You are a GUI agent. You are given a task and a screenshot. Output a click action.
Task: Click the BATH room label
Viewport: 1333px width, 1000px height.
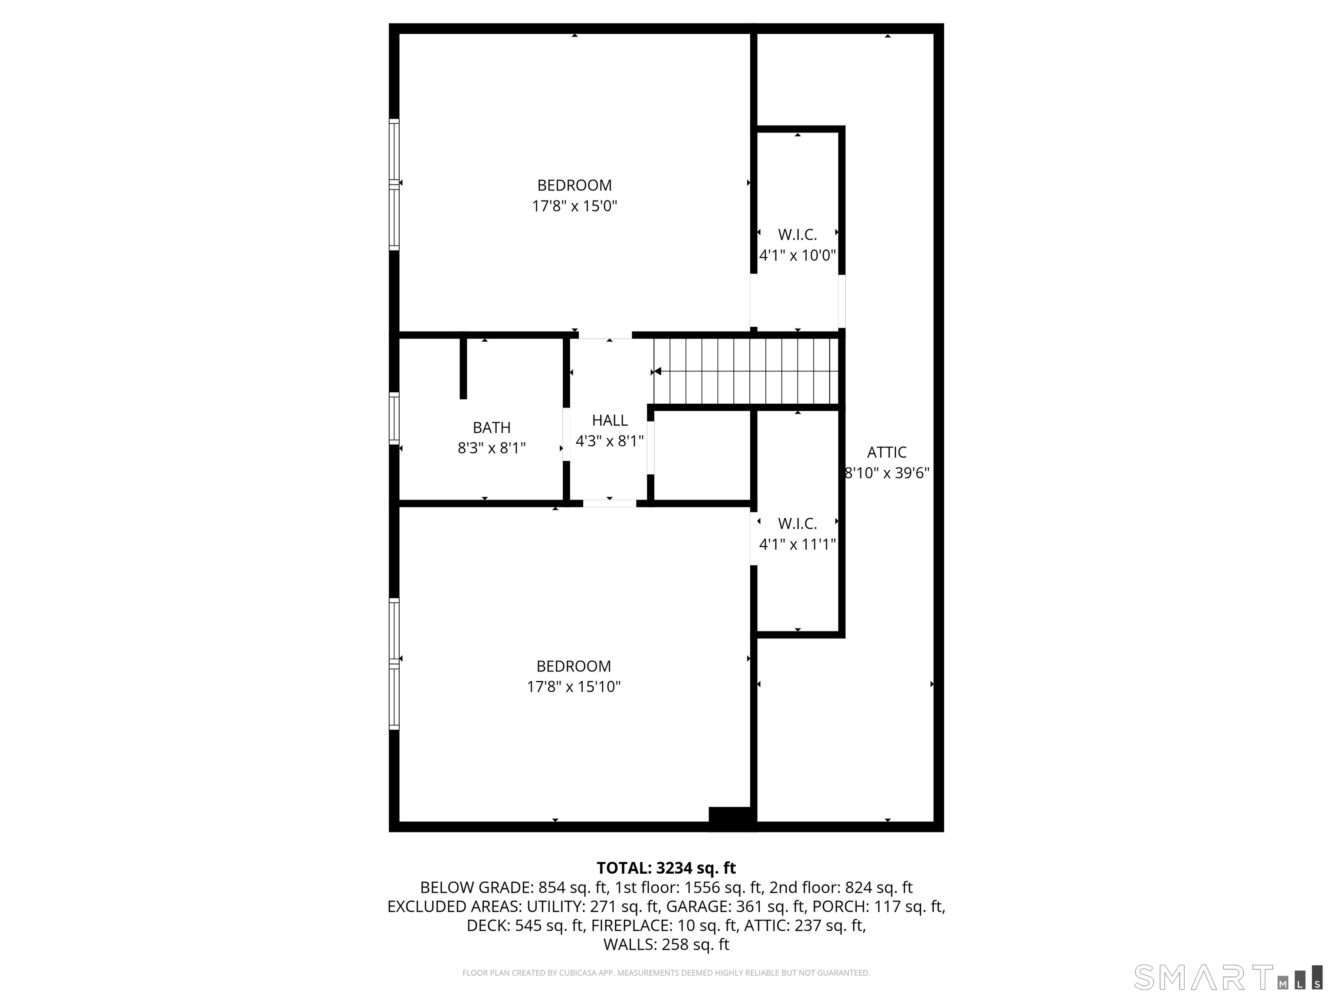(491, 428)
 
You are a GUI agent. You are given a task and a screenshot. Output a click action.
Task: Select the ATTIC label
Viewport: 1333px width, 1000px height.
(886, 452)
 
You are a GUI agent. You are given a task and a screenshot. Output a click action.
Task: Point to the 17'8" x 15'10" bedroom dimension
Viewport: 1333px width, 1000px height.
(573, 687)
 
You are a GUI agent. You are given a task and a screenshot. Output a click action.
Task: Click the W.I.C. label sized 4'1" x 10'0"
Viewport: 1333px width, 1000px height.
(797, 234)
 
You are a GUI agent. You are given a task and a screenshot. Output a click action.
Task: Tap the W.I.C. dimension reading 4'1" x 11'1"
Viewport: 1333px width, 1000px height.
(797, 544)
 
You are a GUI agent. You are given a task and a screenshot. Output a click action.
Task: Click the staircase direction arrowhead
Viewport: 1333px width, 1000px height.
(657, 371)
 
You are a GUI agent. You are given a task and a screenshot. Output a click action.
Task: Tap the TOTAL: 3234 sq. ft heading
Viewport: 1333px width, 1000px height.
(666, 868)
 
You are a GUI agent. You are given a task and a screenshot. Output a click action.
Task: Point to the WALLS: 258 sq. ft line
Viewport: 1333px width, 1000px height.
(666, 944)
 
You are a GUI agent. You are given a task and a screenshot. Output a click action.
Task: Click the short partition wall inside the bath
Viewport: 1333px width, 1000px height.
(463, 368)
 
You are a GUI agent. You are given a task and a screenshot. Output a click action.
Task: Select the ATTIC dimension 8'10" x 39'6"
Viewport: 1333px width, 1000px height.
(886, 473)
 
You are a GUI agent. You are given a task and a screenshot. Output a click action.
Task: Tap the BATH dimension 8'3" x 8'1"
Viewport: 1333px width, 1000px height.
(491, 448)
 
